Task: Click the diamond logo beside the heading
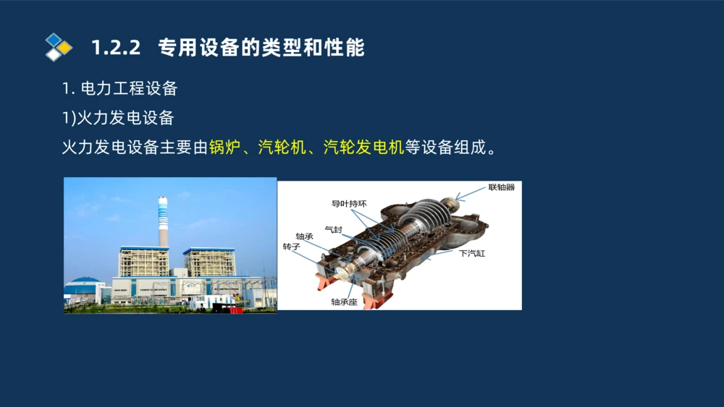coord(58,47)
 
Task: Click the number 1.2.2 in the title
coord(115,48)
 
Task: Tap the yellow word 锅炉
coord(224,148)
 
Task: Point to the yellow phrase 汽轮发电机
coord(363,148)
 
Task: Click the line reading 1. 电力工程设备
coord(119,89)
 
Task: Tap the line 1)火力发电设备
coord(118,118)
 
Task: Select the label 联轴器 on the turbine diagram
coord(501,187)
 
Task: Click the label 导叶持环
coord(349,204)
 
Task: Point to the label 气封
coord(333,230)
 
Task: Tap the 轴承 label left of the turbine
coord(304,236)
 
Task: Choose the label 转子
coord(291,247)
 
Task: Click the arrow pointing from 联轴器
coord(471,192)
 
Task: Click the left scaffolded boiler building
coord(143,262)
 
